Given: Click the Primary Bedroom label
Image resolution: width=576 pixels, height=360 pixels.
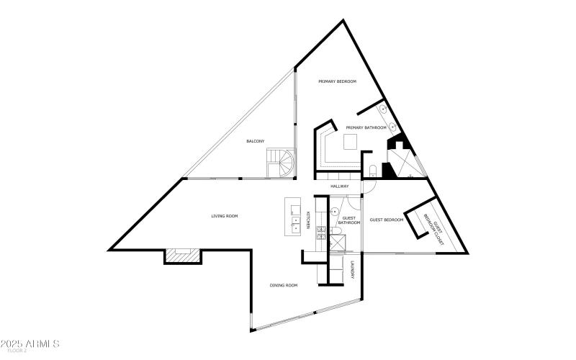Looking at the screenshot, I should [338, 82].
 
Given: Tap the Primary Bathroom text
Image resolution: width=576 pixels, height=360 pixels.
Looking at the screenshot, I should [366, 127].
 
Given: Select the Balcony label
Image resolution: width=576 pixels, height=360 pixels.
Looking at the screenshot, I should [256, 140].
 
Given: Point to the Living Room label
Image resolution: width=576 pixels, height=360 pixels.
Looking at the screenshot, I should [224, 216].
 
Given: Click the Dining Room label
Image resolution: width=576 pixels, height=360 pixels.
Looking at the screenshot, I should [284, 285].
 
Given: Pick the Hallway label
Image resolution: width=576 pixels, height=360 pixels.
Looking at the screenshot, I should [340, 186].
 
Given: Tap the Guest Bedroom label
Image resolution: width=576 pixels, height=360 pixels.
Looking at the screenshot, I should [387, 220].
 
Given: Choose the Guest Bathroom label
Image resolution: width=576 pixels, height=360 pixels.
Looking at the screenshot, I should [350, 220].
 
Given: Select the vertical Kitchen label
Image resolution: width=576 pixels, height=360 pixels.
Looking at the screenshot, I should [308, 220].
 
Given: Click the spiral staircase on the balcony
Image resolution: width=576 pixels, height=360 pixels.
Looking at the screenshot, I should [280, 163].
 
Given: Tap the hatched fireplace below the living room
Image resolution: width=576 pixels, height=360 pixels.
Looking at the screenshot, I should [181, 255].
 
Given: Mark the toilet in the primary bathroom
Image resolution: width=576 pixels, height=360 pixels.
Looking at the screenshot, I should [372, 171].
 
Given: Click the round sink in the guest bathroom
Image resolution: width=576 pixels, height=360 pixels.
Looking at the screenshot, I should [335, 212].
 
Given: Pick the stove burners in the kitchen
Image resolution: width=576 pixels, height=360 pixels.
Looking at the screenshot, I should [321, 232].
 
